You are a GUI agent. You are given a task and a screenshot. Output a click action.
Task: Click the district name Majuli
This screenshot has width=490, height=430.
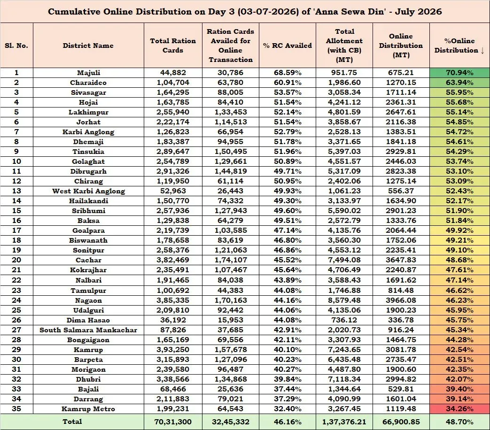88,73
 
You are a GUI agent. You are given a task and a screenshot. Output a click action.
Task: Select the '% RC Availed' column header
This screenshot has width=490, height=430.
288,46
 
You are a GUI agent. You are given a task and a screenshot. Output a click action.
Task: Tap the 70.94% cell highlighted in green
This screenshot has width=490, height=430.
459,73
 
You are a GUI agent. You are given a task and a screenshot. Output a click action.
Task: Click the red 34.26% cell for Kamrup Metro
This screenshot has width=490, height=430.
459,409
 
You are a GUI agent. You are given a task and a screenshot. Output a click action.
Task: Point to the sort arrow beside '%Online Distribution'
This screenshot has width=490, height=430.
482,50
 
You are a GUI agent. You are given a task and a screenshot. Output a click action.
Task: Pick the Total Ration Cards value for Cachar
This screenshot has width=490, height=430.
173,260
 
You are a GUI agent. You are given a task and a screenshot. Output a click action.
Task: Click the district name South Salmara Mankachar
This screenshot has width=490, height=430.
88,330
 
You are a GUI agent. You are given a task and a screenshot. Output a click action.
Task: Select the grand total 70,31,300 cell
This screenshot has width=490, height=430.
173,422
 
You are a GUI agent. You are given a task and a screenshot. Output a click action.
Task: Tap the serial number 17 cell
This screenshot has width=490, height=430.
16,230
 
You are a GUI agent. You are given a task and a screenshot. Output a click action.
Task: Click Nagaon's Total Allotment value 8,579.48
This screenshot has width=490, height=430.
344,300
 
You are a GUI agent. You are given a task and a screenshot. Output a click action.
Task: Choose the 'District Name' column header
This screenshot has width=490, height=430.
88,46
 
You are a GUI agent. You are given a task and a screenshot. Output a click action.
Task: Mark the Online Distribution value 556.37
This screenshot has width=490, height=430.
401,191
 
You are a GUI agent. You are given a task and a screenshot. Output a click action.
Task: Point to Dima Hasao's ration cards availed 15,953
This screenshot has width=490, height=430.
230,320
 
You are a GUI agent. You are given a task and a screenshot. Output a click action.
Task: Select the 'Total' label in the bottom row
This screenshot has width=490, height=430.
72,422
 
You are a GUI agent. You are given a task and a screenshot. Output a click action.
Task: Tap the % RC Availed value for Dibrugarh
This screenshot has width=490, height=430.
288,171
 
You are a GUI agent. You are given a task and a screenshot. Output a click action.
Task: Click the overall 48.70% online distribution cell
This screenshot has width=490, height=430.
459,422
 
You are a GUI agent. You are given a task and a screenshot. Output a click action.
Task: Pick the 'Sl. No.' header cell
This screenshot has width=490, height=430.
16,46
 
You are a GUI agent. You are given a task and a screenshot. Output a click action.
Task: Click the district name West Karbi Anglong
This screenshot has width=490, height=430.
88,191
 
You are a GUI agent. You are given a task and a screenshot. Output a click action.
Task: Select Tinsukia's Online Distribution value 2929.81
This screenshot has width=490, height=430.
401,152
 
